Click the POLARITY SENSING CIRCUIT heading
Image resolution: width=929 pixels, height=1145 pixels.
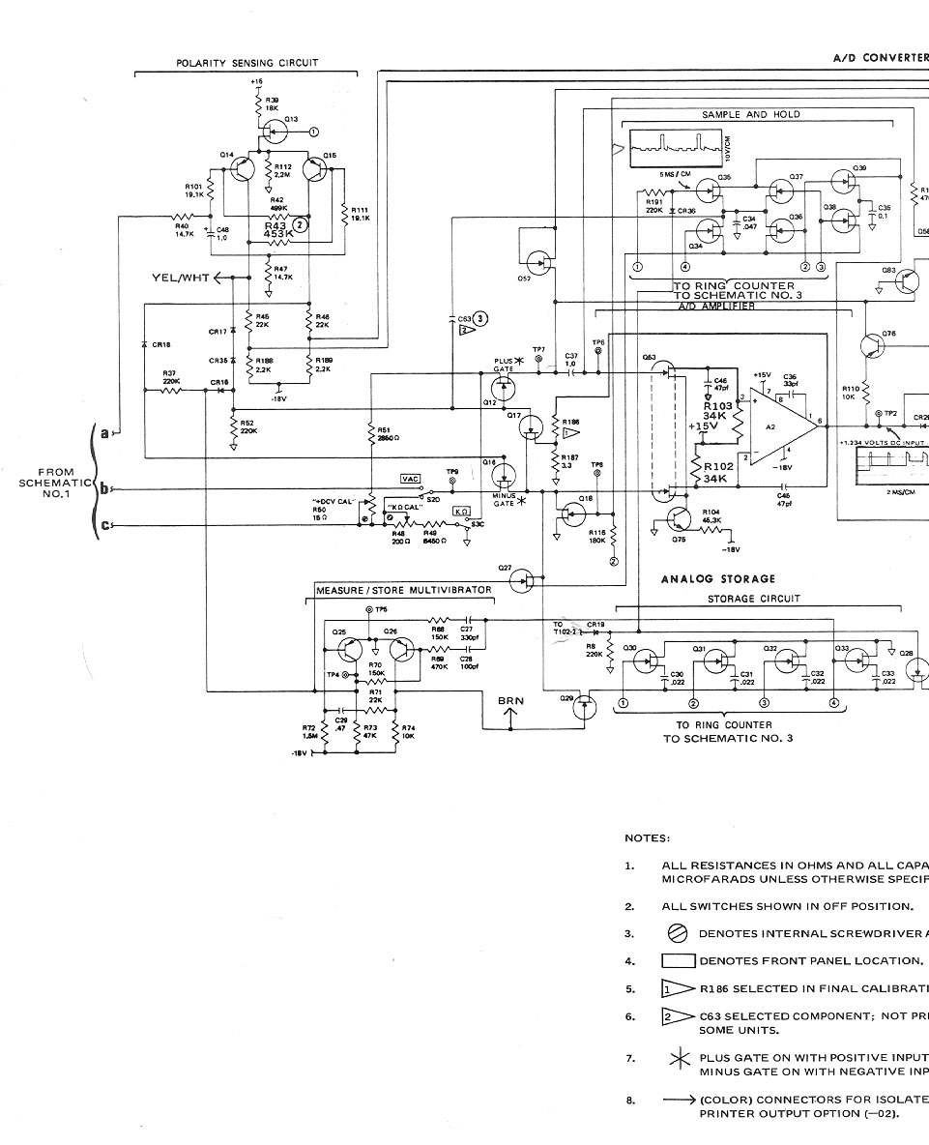pyautogui.click(x=247, y=63)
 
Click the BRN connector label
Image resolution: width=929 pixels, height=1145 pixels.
pyautogui.click(x=511, y=700)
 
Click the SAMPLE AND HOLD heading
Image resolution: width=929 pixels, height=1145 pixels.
pyautogui.click(x=751, y=114)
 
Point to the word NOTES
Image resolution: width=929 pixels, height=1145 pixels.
pyautogui.click(x=648, y=838)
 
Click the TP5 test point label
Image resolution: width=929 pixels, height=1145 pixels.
pyautogui.click(x=381, y=611)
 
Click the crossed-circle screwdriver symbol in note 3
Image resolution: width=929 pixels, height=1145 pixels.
pyautogui.click(x=678, y=934)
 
